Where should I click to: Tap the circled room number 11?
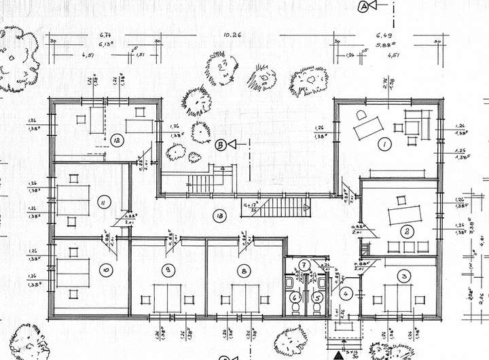click(x=103, y=202)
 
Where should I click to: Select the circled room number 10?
click(x=105, y=270)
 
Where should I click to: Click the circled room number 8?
click(x=243, y=270)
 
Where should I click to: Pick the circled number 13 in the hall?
click(x=219, y=216)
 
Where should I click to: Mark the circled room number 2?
click(x=406, y=232)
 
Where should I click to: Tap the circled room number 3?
click(x=405, y=276)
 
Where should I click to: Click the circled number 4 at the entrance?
click(x=346, y=293)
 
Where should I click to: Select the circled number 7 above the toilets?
click(x=305, y=265)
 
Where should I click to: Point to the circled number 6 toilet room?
click(x=295, y=296)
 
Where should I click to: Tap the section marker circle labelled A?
click(x=363, y=6)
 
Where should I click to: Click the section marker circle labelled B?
click(x=220, y=144)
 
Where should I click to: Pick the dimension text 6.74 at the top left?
click(x=105, y=34)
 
